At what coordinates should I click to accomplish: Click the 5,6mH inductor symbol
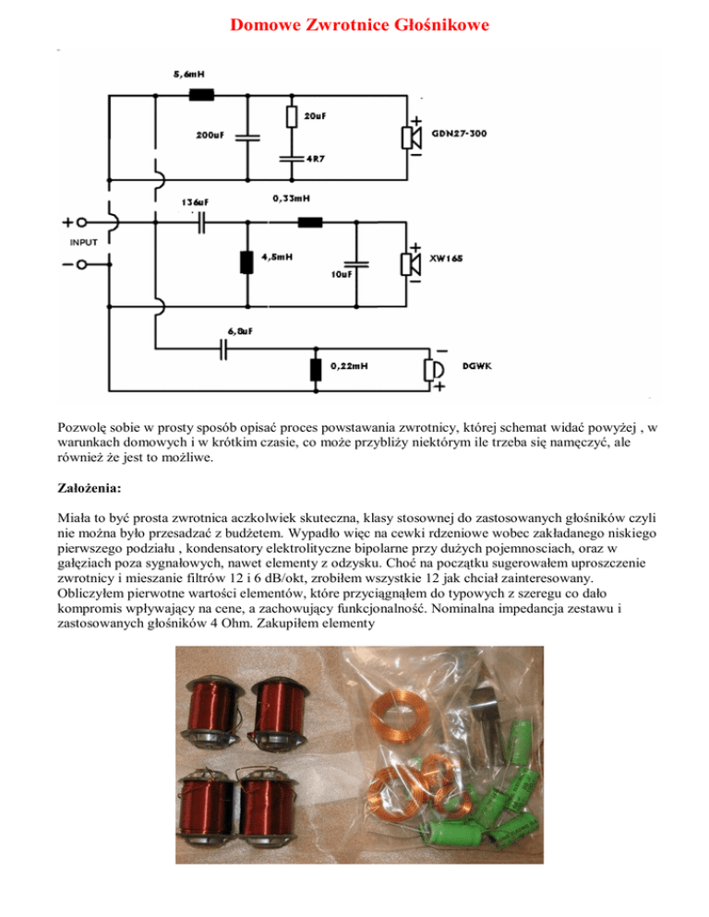tap(200, 93)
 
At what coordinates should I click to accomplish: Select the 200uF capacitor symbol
tap(246, 136)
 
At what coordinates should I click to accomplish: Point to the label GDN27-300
tap(460, 135)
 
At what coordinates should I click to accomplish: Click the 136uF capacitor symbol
tap(200, 222)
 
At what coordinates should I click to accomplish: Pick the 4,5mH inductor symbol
tap(246, 262)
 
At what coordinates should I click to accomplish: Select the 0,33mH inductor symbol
tap(310, 222)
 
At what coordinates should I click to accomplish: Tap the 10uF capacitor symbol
tap(356, 262)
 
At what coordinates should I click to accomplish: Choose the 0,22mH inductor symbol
tap(316, 369)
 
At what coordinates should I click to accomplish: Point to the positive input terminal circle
tap(82, 222)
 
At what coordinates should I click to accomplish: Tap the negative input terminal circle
tap(82, 265)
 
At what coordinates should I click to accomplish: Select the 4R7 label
tap(302, 159)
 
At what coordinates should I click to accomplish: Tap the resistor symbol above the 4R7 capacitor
tap(291, 115)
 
